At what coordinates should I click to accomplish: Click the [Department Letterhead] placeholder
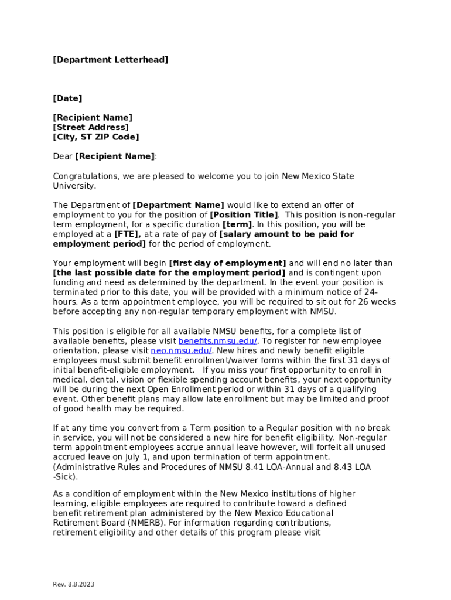pyautogui.click(x=111, y=60)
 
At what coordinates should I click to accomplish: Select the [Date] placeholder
pyautogui.click(x=68, y=98)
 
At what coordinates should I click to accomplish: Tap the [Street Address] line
pyautogui.click(x=91, y=127)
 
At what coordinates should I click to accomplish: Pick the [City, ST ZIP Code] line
pyautogui.click(x=96, y=137)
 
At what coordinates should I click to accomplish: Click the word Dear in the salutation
pyautogui.click(x=63, y=156)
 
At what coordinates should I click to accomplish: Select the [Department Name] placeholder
pyautogui.click(x=179, y=205)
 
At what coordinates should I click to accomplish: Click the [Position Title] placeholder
pyautogui.click(x=244, y=215)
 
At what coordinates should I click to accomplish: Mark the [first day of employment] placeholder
pyautogui.click(x=227, y=263)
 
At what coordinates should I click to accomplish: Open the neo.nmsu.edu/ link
pyautogui.click(x=181, y=350)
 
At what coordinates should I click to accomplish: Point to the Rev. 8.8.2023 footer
pyautogui.click(x=73, y=585)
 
